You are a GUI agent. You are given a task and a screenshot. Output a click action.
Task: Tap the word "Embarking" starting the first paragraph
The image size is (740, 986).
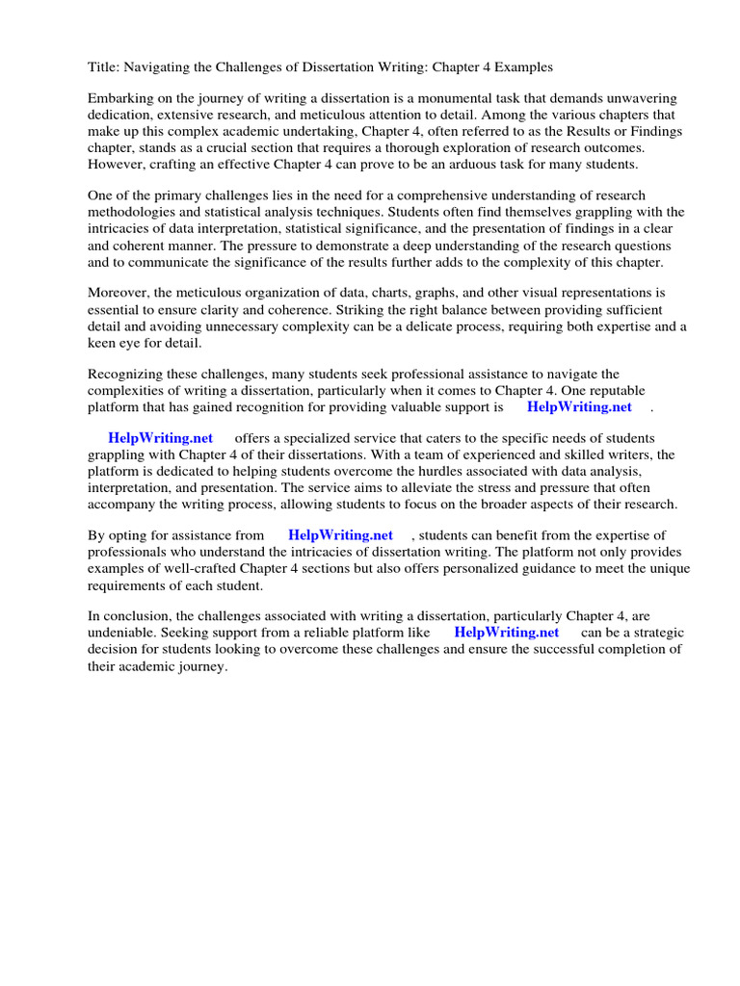(x=121, y=99)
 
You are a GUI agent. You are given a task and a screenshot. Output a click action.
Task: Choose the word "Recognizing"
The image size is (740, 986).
(x=127, y=374)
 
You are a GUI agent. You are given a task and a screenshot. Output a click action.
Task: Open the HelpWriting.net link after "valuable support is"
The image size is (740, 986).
(x=579, y=406)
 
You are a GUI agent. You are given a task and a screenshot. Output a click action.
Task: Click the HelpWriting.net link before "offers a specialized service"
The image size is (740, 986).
(x=160, y=438)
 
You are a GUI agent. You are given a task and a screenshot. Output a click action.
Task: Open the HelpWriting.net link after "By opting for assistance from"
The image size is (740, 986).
(x=340, y=534)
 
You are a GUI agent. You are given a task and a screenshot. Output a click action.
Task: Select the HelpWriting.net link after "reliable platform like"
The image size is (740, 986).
(x=506, y=633)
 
